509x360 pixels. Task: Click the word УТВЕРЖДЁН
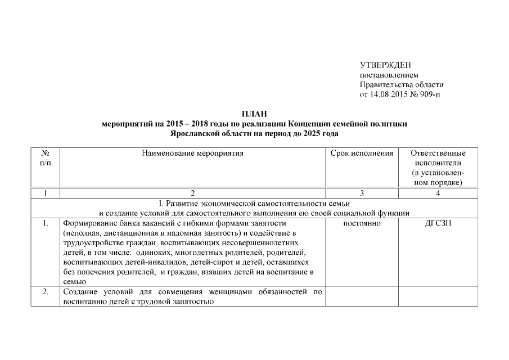tap(381, 66)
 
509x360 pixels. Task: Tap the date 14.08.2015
tap(387, 94)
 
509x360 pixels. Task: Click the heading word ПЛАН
tap(254, 114)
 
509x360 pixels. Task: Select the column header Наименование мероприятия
tap(192, 153)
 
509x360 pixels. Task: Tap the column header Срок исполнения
tap(362, 153)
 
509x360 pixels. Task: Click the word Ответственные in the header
tap(438, 153)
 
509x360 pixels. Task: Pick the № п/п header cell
tap(45, 158)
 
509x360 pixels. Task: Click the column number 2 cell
tap(192, 193)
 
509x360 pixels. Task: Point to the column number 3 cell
tap(362, 193)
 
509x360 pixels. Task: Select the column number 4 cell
tap(438, 193)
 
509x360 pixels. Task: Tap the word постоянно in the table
tap(362, 223)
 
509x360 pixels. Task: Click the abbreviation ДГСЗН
tap(438, 223)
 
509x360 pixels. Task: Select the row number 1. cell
tap(45, 223)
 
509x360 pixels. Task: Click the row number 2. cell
tap(45, 291)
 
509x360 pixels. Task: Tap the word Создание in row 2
tap(79, 291)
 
